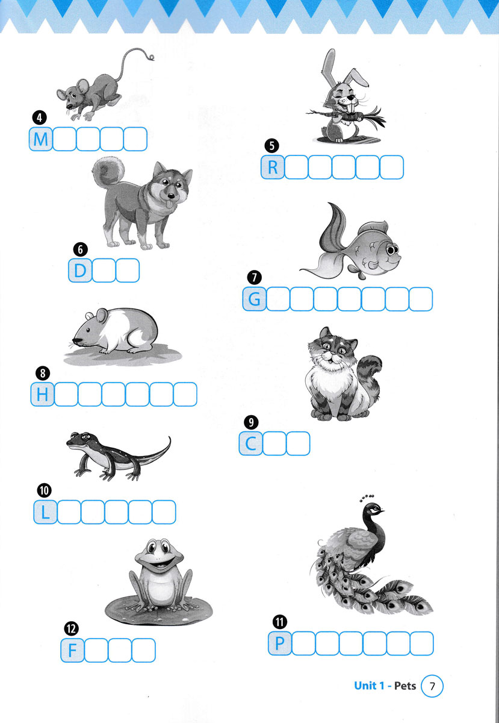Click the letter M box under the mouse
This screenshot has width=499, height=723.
41,139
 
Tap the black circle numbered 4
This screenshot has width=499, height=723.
39,118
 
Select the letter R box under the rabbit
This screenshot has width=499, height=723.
273,167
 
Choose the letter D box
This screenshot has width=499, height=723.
80,271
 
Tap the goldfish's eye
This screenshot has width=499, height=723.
392,250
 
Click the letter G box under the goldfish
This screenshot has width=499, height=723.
255,299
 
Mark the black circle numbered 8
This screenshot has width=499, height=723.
43,374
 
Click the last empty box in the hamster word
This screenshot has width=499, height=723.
185,394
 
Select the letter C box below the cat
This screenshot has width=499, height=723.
250,443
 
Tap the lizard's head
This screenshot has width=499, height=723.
79,440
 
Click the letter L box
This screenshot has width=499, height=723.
45,512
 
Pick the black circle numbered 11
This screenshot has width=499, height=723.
280,622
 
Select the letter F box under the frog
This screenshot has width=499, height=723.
73,650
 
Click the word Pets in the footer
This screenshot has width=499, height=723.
405,686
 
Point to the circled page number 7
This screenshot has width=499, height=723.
432,686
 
